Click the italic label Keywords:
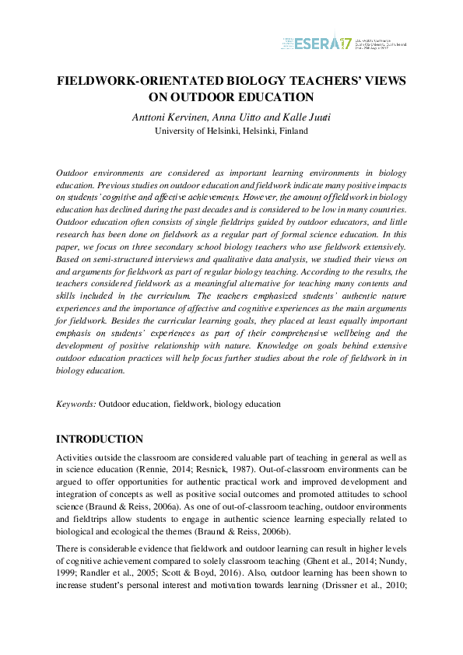(x=76, y=405)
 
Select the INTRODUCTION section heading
(x=100, y=440)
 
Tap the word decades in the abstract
(x=204, y=209)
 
